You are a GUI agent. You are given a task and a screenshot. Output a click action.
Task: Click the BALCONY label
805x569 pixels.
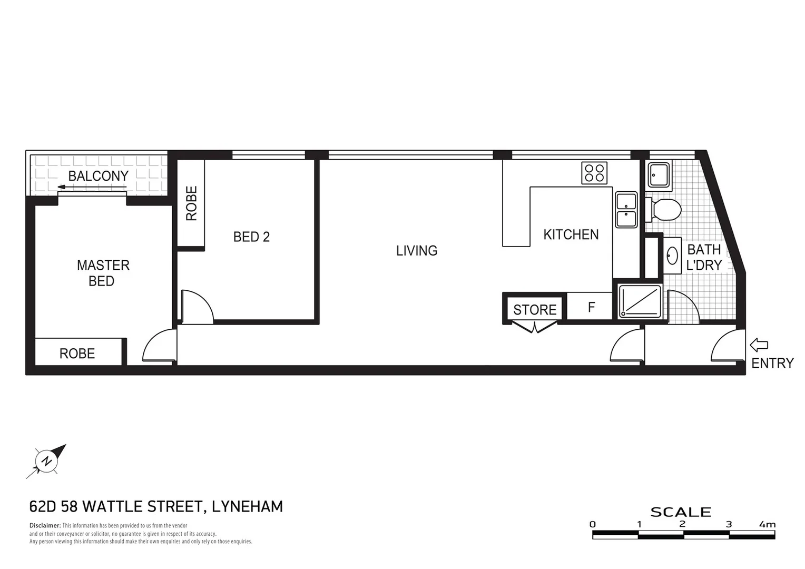pyautogui.click(x=98, y=176)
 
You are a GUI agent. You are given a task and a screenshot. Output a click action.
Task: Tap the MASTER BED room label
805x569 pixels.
pyautogui.click(x=103, y=273)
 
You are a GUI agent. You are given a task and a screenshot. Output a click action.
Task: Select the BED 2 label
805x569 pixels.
pyautogui.click(x=251, y=237)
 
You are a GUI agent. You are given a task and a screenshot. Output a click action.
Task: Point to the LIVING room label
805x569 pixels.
pyautogui.click(x=417, y=250)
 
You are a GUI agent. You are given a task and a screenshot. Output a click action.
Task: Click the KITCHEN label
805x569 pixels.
pyautogui.click(x=571, y=234)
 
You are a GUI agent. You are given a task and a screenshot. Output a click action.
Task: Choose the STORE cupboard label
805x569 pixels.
pyautogui.click(x=535, y=310)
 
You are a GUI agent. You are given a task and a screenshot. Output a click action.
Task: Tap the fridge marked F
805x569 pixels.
pyautogui.click(x=591, y=307)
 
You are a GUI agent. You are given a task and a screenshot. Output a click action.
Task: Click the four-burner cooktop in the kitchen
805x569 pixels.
pyautogui.click(x=594, y=173)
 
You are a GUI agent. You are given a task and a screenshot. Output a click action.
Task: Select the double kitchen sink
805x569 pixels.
pyautogui.click(x=626, y=210)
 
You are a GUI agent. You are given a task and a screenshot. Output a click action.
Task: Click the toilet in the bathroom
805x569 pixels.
pyautogui.click(x=665, y=210)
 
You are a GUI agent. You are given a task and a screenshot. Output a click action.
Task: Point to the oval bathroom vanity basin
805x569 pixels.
pyautogui.click(x=672, y=256)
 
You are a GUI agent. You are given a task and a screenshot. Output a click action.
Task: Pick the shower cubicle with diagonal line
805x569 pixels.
pyautogui.click(x=640, y=301)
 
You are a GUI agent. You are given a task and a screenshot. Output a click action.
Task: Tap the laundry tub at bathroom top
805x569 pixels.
pyautogui.click(x=659, y=174)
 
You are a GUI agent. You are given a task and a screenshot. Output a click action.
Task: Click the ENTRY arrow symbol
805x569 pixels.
pyautogui.click(x=759, y=346)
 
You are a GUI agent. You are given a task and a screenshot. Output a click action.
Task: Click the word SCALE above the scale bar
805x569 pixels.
pyautogui.click(x=681, y=512)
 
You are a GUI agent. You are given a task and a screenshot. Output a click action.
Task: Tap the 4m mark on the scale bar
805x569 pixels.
pyautogui.click(x=767, y=524)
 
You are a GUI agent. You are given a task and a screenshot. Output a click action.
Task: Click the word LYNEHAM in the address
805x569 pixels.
pyautogui.click(x=247, y=507)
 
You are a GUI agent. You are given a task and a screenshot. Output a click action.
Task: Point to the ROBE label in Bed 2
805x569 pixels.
pyautogui.click(x=191, y=203)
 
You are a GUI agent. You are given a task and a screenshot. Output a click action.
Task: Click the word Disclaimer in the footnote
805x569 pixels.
pyautogui.click(x=45, y=526)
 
